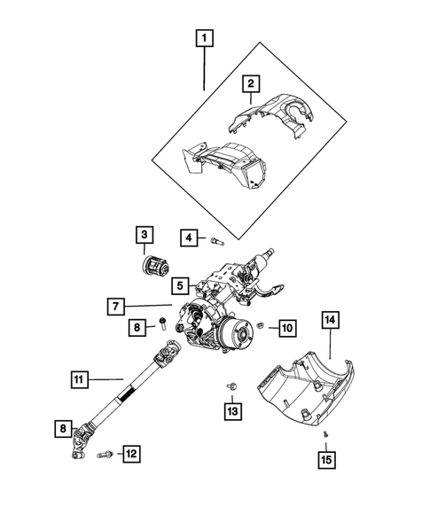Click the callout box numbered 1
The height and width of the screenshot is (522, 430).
tap(205, 38)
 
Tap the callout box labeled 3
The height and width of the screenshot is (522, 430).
tap(144, 235)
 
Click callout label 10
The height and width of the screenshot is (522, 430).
tap(286, 328)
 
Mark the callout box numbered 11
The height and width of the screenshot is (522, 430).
tap(79, 380)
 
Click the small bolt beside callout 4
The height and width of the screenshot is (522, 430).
tap(217, 238)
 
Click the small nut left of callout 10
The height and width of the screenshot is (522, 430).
tap(261, 327)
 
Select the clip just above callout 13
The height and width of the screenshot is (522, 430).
tap(231, 383)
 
